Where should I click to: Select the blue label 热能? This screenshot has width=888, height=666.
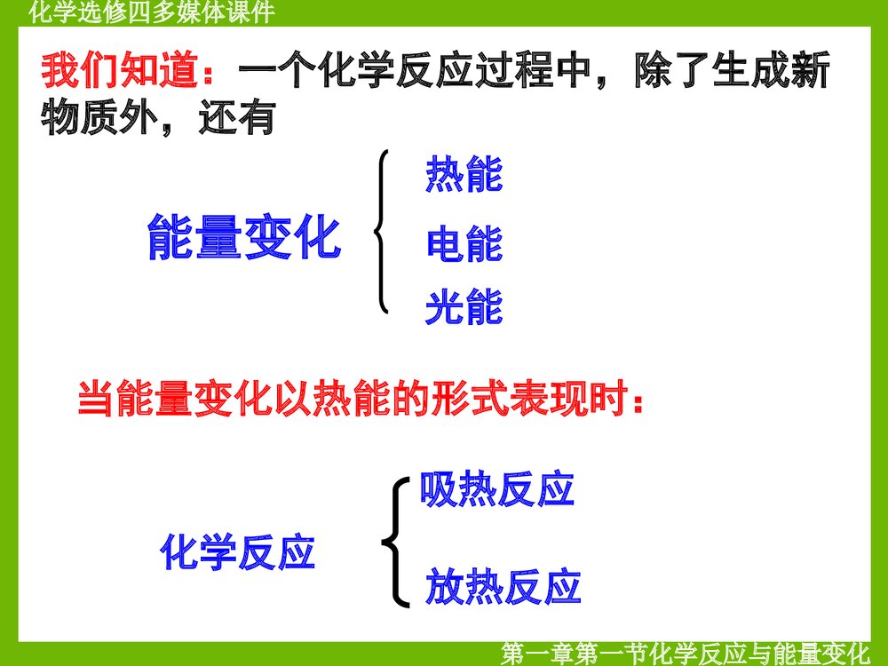point(464,174)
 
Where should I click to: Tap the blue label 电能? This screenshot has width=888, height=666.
point(464,244)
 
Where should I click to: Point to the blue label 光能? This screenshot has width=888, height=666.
point(464,307)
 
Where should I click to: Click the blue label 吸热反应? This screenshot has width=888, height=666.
point(497,489)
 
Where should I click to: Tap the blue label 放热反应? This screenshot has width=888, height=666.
point(503,587)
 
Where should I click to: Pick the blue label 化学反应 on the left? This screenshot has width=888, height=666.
point(238,552)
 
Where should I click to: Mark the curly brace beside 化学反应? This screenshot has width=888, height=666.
point(396,542)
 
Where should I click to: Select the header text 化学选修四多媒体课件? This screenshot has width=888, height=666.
point(151,12)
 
